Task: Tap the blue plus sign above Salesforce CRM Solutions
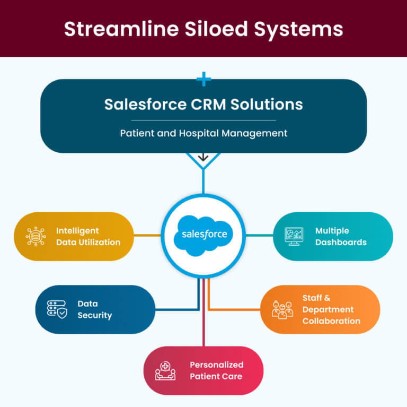[203, 80]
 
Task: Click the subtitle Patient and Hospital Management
[203, 133]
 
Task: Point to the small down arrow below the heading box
[203, 158]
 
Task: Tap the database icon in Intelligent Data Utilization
[36, 237]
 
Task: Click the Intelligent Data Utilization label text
[88, 237]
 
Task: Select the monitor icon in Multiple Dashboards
[294, 237]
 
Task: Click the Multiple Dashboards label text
[341, 237]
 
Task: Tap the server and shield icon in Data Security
[57, 309]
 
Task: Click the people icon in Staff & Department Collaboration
[282, 309]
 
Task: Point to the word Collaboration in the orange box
[331, 321]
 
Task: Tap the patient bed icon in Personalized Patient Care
[165, 371]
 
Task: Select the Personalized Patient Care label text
[216, 370]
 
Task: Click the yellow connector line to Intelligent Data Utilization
[147, 236]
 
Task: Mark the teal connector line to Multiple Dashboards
[260, 236]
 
